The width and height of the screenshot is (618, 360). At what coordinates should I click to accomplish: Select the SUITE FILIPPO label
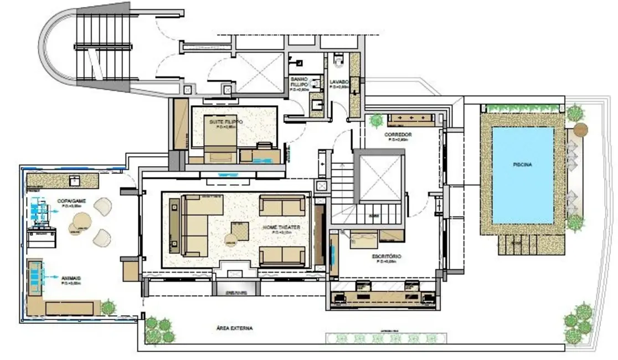pyautogui.click(x=226, y=121)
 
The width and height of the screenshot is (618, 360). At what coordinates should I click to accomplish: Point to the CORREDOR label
pyautogui.click(x=398, y=135)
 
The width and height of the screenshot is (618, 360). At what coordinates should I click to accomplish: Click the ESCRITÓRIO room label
pyautogui.click(x=386, y=257)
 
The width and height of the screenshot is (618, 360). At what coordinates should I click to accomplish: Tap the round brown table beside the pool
pyautogui.click(x=580, y=130)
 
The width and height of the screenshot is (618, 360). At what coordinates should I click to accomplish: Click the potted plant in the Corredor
pyautogui.click(x=377, y=120)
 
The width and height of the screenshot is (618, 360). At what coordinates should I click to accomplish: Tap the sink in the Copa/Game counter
pyautogui.click(x=73, y=179)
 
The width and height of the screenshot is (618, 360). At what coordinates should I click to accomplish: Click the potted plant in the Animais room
pyautogui.click(x=109, y=306)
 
